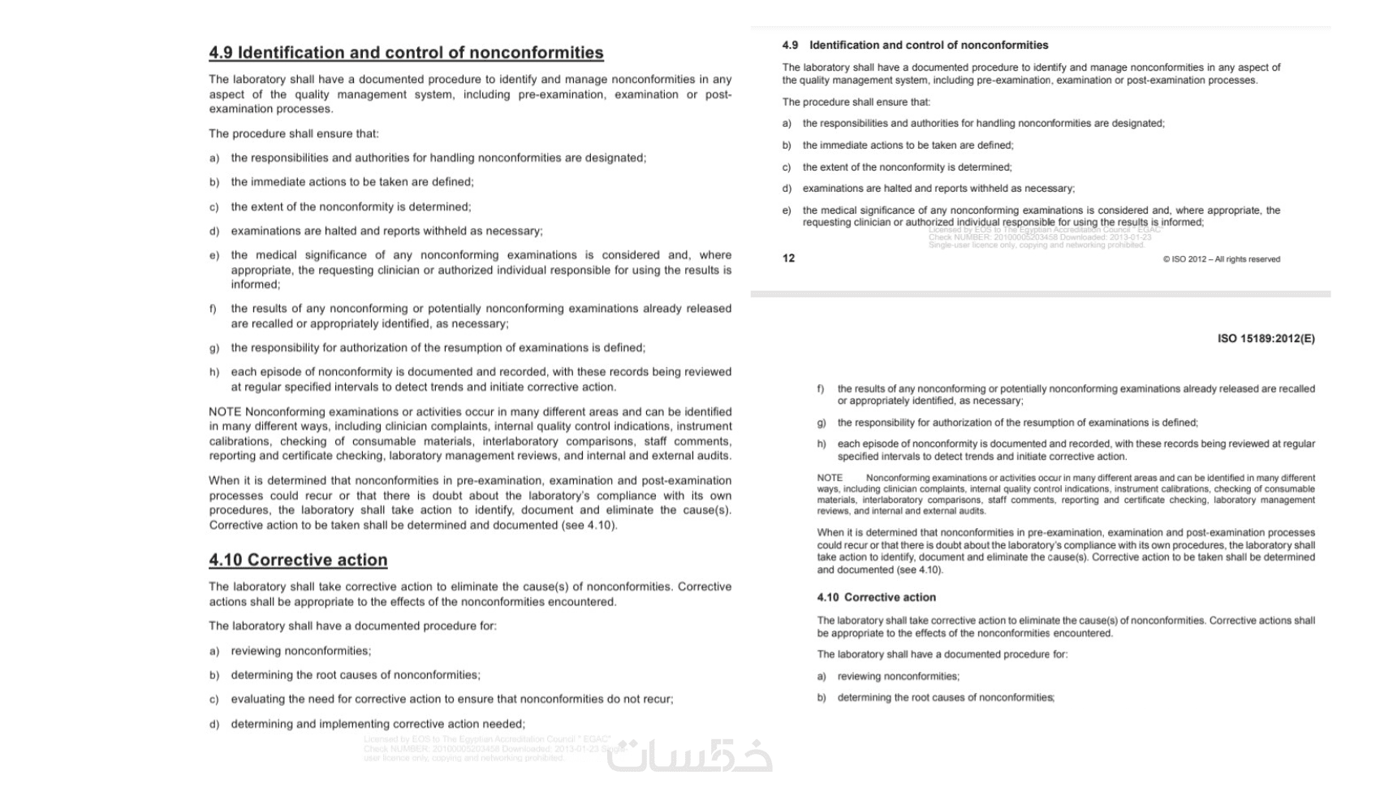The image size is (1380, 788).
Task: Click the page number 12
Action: pos(788,258)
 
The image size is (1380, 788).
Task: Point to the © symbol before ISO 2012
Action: pos(1167,259)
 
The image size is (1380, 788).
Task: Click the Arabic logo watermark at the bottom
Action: pos(690,756)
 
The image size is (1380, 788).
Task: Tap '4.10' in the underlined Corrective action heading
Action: pos(226,560)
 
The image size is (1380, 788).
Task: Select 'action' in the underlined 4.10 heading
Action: pos(362,560)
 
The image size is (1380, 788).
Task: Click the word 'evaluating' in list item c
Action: pos(257,699)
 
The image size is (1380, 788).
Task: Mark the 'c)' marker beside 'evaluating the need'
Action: pos(214,699)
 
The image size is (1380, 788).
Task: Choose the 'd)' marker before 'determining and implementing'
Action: pos(214,725)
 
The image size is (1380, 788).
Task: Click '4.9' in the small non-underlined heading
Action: pos(790,45)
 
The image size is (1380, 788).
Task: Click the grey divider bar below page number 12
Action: pos(1040,293)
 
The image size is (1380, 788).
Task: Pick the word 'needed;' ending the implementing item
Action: pos(504,724)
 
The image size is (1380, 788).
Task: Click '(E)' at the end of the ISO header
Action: pos(1307,339)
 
